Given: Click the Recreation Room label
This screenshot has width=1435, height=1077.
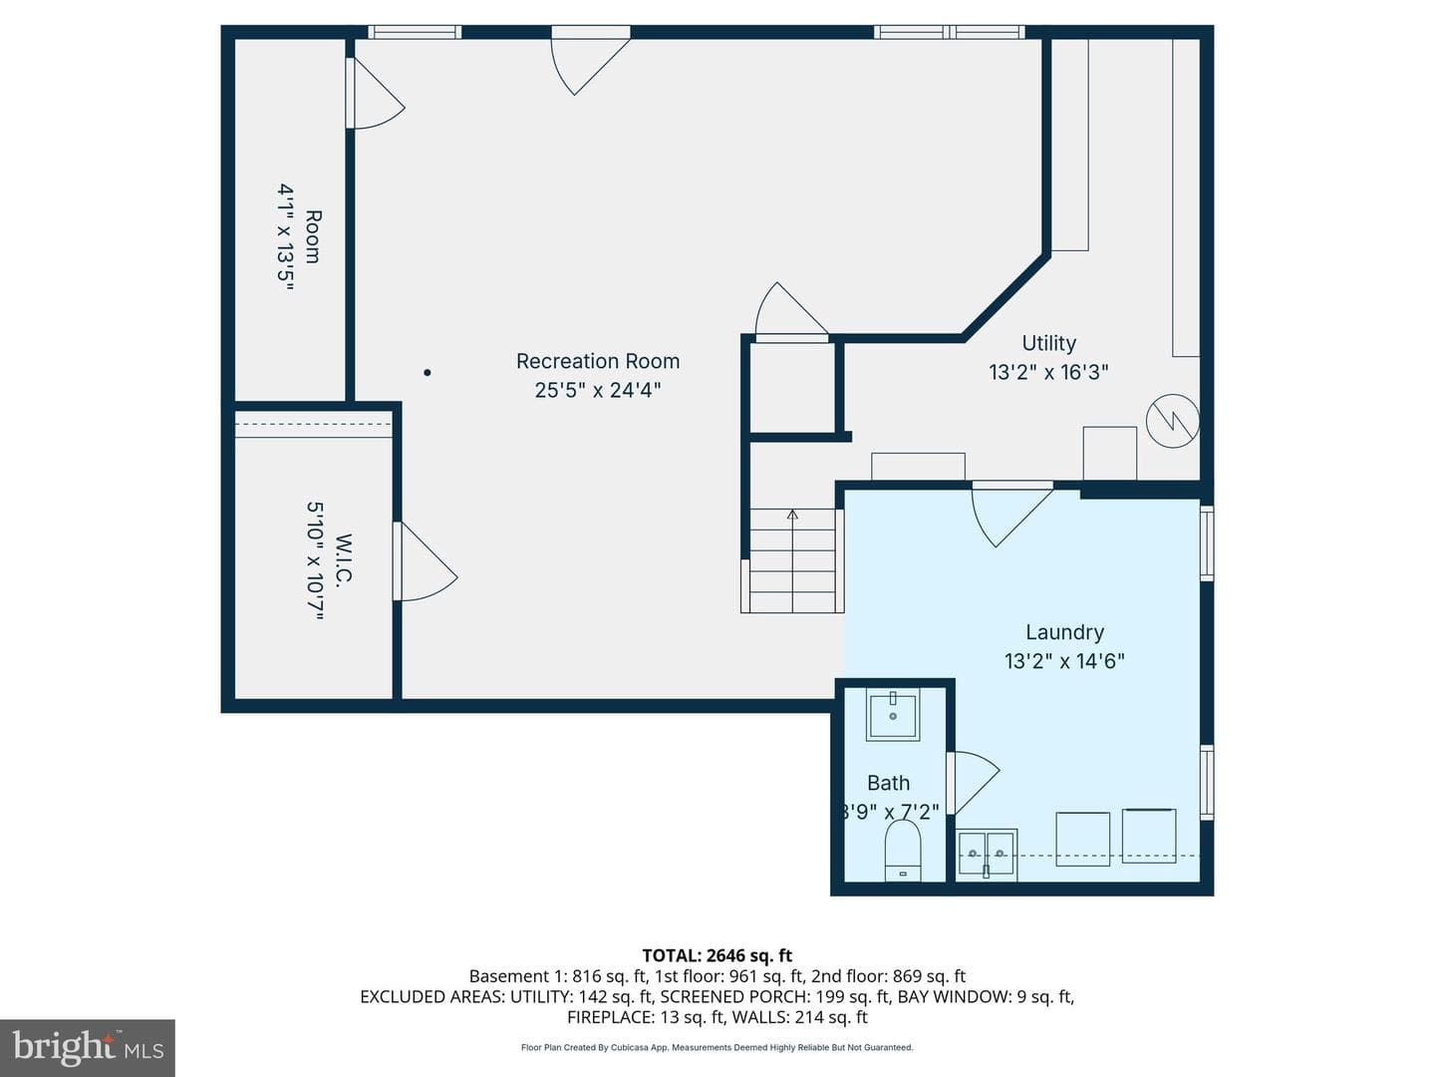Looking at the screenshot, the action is click(598, 361).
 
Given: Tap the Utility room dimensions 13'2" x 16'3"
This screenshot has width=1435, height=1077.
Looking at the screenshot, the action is click(1048, 372).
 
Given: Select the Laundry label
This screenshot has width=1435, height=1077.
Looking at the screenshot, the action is click(1064, 632).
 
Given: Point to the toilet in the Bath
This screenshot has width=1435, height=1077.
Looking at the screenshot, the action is click(902, 851).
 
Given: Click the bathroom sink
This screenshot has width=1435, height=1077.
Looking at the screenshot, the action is click(893, 715).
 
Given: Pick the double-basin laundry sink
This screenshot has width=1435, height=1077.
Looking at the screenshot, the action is click(987, 854).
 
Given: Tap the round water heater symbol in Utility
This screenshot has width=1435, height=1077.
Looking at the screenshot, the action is click(1172, 421).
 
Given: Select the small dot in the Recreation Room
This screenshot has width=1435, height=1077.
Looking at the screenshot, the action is click(427, 373).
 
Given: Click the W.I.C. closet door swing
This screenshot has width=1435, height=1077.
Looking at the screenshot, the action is click(425, 561).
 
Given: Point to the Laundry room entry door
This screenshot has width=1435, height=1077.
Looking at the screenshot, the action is click(1011, 514).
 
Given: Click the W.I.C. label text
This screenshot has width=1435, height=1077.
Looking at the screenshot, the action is click(344, 559).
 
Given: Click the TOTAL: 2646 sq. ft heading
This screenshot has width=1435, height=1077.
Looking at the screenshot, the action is click(717, 955).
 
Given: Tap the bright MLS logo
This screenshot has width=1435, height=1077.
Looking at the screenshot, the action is click(88, 1047).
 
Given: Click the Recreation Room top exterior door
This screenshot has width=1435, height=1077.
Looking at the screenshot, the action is click(590, 60).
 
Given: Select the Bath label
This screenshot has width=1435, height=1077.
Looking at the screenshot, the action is click(889, 783).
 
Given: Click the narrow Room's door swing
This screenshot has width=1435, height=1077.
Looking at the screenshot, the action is click(376, 94).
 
